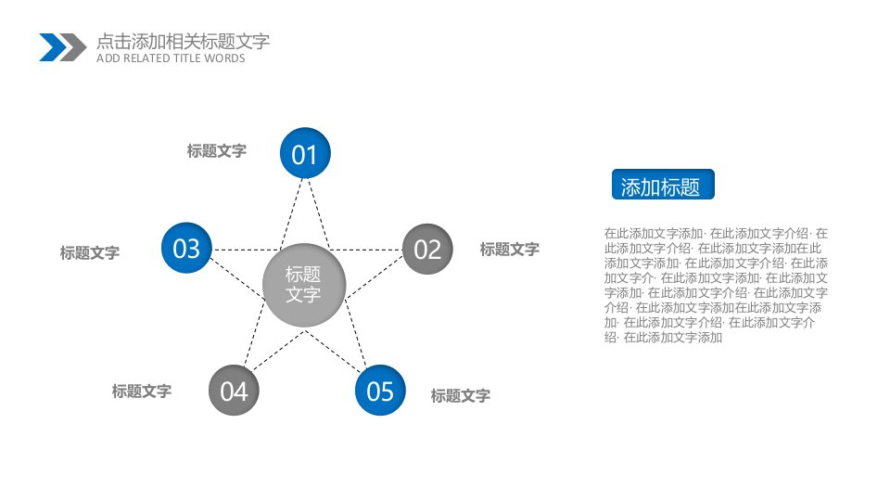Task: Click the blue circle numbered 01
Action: click(x=305, y=153)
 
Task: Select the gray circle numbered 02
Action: click(x=427, y=249)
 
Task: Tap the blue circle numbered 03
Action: click(x=186, y=248)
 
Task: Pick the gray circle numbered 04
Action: click(x=234, y=391)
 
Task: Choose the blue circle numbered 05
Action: click(x=380, y=391)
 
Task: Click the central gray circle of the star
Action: click(x=304, y=285)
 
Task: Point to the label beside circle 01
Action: click(x=216, y=150)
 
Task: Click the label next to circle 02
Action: click(x=509, y=249)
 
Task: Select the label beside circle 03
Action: click(x=89, y=252)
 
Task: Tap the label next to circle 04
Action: click(x=141, y=391)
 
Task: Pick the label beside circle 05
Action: click(x=460, y=395)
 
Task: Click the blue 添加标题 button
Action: click(x=662, y=185)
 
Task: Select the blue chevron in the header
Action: click(x=53, y=47)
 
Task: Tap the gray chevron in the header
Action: click(x=72, y=47)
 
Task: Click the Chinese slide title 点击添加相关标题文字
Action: click(x=183, y=41)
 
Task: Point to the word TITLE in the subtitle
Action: click(x=187, y=58)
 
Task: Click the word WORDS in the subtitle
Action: click(x=224, y=58)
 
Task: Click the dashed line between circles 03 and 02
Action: click(x=307, y=250)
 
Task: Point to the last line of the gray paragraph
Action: click(x=663, y=338)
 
